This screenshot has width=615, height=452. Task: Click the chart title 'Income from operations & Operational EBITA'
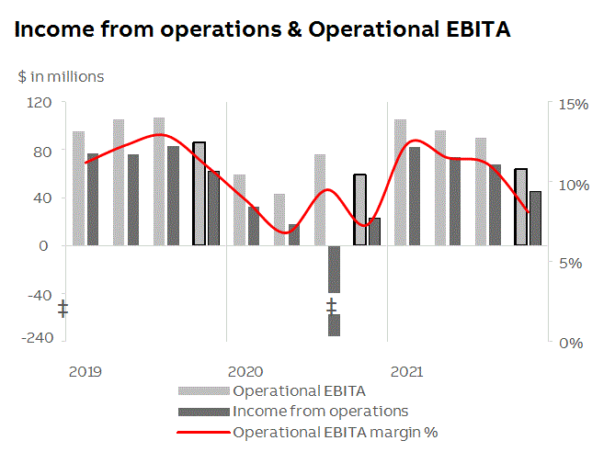(x=263, y=29)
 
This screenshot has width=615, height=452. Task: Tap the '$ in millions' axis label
(x=61, y=76)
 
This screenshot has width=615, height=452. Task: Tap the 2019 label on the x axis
(x=85, y=372)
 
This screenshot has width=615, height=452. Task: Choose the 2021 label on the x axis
(x=406, y=372)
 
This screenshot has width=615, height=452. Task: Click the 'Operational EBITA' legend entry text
(x=300, y=390)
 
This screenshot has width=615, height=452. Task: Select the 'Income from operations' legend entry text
(x=320, y=411)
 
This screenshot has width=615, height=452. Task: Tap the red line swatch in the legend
(x=203, y=431)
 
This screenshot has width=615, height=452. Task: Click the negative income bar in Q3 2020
(x=335, y=269)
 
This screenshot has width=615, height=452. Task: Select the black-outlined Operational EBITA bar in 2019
(x=199, y=194)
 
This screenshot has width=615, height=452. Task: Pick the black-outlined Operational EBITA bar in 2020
(x=359, y=209)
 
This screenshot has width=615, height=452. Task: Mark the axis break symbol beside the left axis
(x=63, y=309)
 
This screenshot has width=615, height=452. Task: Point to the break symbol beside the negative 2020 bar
(x=331, y=307)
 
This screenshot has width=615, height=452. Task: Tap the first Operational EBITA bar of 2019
(x=79, y=188)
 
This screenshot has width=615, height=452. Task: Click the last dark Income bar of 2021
(x=535, y=218)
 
